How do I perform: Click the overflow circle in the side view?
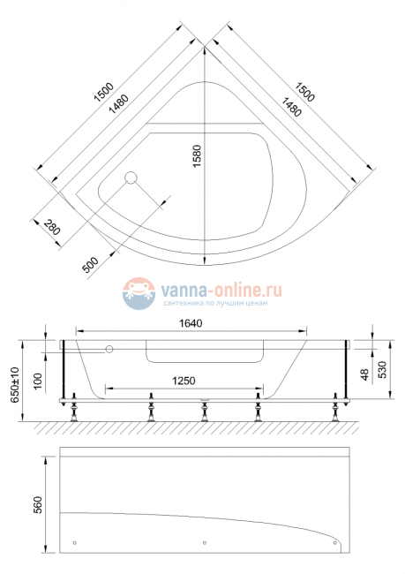click(x=110, y=350)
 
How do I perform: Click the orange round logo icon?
click(x=138, y=292)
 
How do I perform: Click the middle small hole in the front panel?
click(x=205, y=542)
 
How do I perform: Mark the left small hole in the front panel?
click(x=75, y=542)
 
